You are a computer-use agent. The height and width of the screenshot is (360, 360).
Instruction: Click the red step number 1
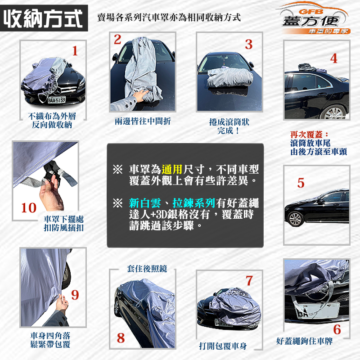(75, 51)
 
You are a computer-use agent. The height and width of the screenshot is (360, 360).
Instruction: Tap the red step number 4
(333, 58)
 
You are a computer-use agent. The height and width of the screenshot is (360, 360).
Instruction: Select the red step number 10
(29, 208)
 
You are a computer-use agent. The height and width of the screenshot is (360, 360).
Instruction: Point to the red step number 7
(249, 280)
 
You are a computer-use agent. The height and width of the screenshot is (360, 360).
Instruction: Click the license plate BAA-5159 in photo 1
(57, 99)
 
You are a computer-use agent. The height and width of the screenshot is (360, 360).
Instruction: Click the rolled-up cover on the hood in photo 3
(229, 77)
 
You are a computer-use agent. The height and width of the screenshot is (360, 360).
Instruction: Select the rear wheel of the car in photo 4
(334, 113)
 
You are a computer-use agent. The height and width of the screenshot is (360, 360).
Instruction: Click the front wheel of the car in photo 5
(295, 219)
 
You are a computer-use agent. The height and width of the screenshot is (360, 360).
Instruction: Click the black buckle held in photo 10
(52, 171)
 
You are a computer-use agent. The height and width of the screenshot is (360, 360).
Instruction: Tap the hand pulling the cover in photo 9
(62, 302)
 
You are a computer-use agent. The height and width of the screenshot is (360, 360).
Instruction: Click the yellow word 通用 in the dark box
(172, 170)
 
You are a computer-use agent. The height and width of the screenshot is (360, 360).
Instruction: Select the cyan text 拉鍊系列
(194, 203)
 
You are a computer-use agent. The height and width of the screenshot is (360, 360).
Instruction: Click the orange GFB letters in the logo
(311, 12)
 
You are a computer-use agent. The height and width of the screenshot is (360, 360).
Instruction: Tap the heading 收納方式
(43, 18)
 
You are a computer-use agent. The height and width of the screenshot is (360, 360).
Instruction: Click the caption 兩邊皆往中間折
(143, 121)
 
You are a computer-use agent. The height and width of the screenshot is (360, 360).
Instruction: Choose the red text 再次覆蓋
(306, 135)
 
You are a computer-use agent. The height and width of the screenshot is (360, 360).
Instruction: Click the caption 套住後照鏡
(147, 268)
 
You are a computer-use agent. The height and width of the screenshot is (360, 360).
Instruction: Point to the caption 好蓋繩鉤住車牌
(305, 341)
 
